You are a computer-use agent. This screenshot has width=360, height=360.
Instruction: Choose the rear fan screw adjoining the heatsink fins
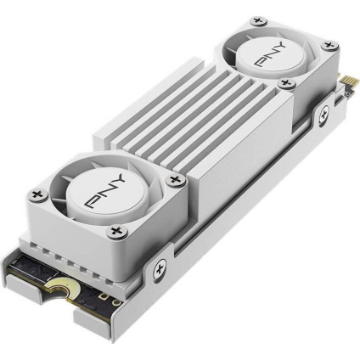(286, 82)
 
